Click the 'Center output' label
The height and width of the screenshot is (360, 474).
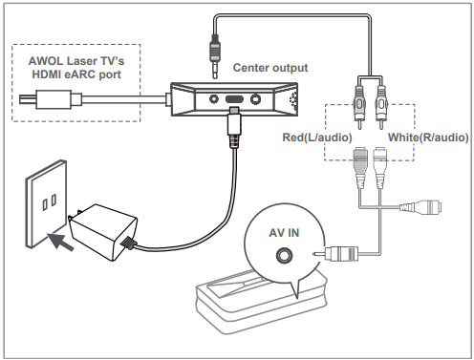tap(270, 68)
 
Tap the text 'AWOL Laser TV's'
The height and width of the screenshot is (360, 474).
tap(76, 60)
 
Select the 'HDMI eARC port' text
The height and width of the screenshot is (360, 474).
tap(76, 74)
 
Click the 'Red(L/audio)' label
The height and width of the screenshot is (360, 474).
tap(317, 138)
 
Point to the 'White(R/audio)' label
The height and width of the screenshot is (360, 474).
tap(428, 138)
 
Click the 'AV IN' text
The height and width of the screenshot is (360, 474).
tap(284, 233)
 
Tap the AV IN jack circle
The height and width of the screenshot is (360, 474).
tap(284, 255)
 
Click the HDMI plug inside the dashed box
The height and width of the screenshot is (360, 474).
tap(51, 99)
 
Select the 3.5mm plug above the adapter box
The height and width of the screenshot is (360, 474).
tap(215, 56)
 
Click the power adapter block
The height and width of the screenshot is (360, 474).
tap(104, 232)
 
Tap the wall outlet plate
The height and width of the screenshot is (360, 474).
tap(46, 203)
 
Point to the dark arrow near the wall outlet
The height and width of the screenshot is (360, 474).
tap(60, 242)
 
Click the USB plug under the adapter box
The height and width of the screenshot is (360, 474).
tap(234, 127)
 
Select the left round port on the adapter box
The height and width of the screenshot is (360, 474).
tap(214, 99)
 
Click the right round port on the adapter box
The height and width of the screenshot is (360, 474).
tap(255, 99)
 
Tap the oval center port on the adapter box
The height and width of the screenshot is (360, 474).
tap(235, 99)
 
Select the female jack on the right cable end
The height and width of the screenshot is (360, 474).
tap(420, 207)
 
